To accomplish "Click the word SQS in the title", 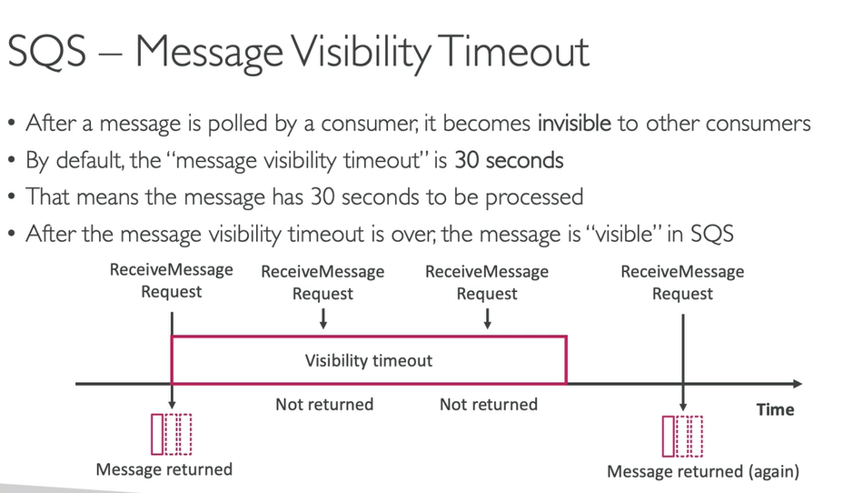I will point(51,52).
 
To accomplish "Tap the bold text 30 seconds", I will point(509,160).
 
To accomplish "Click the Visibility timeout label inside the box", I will point(368,360).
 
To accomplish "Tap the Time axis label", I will point(775,409).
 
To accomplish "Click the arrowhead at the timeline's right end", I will point(797,384).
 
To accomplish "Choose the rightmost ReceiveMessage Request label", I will point(682,282).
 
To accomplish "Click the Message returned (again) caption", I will point(702,471).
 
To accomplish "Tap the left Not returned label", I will point(324,404).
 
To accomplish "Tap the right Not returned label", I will point(488,404).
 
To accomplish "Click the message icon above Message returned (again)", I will point(682,435).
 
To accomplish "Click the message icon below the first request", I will point(172,434).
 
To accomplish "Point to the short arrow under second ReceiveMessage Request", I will point(322,317).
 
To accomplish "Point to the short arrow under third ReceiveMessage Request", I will point(487,317).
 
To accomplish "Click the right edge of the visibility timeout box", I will point(567,360).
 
